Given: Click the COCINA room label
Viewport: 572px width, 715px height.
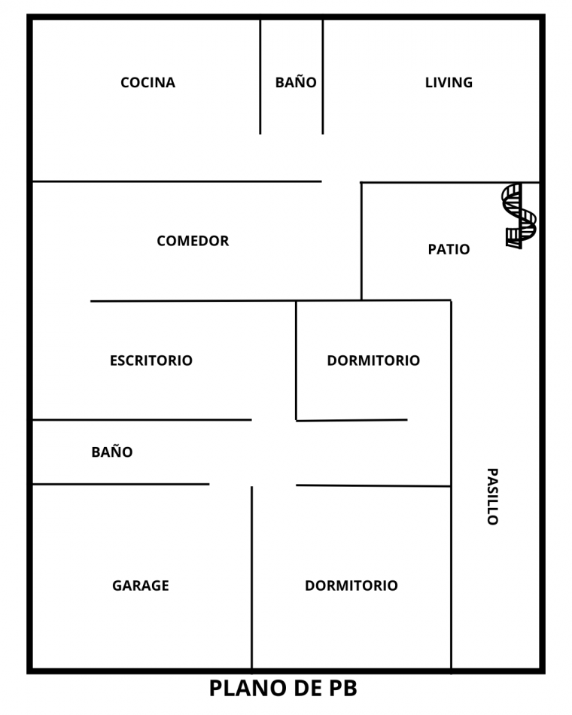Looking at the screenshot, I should pos(148,83).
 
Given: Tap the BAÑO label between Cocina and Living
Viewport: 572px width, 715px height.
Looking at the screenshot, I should pos(296,83).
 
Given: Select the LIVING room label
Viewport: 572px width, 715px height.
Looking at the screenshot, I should pos(449,83).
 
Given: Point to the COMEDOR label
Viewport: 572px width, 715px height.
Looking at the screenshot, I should pos(193,241).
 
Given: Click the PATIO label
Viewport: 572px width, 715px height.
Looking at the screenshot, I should pos(449,249).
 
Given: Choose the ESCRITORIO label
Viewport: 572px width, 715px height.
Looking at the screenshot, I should pos(151,361).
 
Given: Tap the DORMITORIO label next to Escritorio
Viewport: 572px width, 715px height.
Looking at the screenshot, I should pos(373,361).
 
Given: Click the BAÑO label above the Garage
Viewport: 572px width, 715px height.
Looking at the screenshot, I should pos(112,452).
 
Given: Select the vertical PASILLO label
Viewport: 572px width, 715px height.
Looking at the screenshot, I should pos(491,496).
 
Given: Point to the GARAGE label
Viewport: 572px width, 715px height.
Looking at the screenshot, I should pos(141,586).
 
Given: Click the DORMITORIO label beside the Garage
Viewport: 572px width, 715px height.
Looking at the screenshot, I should pos(351,586).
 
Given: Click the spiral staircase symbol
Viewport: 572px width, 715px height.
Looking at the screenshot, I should pos(519,215).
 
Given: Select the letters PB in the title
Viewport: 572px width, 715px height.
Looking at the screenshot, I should pos(341,688).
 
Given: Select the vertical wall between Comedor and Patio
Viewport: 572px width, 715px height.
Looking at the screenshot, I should pos(361,241).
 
